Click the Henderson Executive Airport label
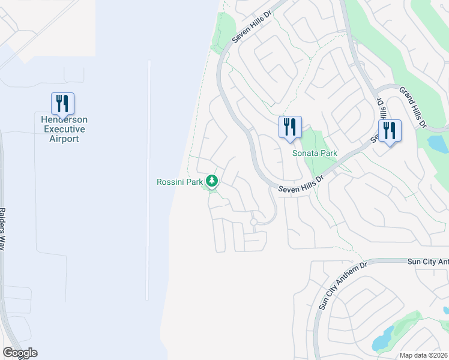pos(63,129)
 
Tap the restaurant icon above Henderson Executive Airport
pos(62,103)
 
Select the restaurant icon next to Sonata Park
pos(289,128)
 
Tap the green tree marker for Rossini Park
pos(211,180)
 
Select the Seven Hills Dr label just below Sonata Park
pos(301,184)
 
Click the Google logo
pos(20,353)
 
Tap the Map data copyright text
pos(423,355)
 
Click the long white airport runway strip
pos(148,180)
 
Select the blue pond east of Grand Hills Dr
pos(438,143)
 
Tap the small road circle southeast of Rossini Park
pos(254,222)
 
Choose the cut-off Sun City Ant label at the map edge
pos(427,262)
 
